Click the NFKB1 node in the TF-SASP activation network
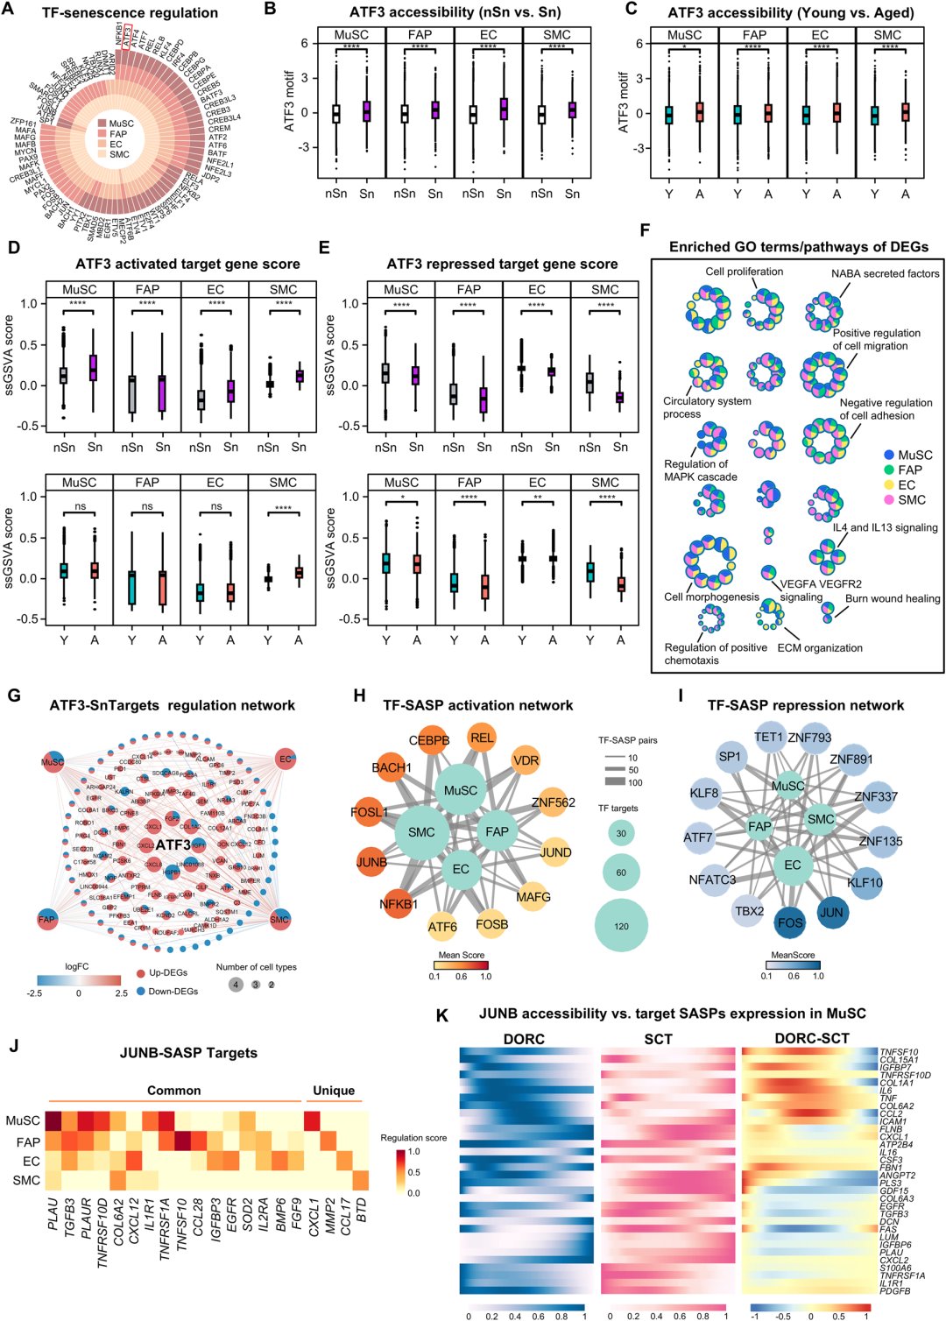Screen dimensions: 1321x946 point(399,904)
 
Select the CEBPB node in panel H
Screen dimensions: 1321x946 point(429,740)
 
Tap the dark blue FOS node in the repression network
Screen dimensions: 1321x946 point(790,922)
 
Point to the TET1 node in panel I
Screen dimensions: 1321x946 point(768,737)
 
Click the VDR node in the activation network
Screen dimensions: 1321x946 point(526,760)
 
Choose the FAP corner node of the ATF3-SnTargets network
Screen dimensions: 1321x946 point(46,919)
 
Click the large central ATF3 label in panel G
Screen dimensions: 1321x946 point(173,844)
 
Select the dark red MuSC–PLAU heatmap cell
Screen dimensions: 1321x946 point(54,1120)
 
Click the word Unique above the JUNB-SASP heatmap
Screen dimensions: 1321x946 point(334,1091)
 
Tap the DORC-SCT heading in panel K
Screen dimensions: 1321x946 point(811,1039)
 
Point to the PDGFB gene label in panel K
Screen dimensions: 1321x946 point(895,1290)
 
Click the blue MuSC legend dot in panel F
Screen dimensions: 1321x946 point(889,455)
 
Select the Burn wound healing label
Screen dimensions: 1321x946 point(893,598)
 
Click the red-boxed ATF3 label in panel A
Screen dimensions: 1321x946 point(128,38)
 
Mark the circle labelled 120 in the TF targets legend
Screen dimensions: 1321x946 point(621,926)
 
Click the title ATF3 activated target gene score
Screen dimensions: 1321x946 point(187,264)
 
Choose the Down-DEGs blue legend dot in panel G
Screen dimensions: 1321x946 point(141,991)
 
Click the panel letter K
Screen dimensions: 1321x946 point(442,1015)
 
